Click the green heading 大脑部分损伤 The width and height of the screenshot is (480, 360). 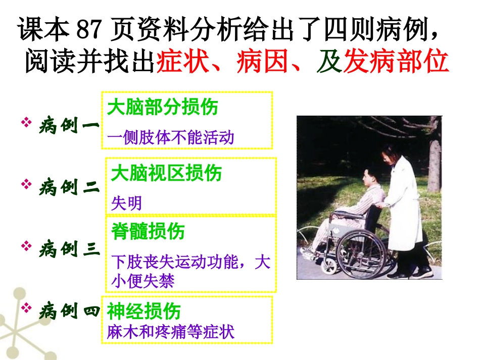pos(163,108)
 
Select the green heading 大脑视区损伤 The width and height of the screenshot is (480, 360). pos(166,173)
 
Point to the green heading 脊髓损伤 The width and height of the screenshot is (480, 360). pos(148,231)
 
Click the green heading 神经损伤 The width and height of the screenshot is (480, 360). pos(144,312)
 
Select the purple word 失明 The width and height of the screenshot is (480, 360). pos(126,203)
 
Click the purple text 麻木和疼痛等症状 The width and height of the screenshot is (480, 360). pos(171,332)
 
